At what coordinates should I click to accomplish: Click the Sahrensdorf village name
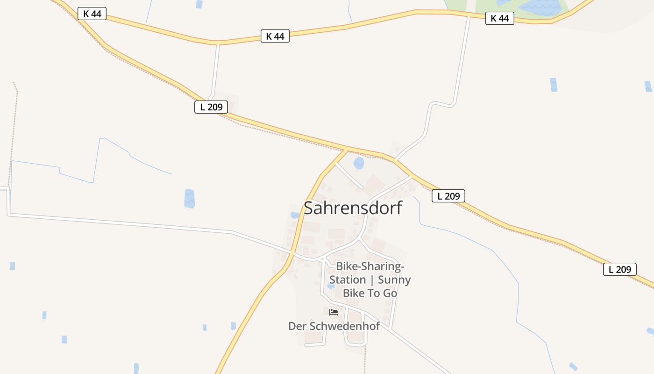pyautogui.click(x=353, y=208)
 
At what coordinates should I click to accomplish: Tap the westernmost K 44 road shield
pyautogui.click(x=92, y=14)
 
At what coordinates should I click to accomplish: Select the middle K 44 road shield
pyautogui.click(x=275, y=36)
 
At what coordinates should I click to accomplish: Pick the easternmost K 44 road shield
pyautogui.click(x=499, y=18)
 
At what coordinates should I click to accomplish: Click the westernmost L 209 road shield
pyautogui.click(x=211, y=107)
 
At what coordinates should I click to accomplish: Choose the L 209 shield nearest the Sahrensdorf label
pyautogui.click(x=448, y=196)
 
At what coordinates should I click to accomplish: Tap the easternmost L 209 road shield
pyautogui.click(x=620, y=269)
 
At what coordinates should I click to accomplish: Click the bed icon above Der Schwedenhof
pyautogui.click(x=334, y=312)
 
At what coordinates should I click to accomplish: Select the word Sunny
pyautogui.click(x=394, y=280)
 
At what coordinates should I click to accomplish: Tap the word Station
pyautogui.click(x=348, y=280)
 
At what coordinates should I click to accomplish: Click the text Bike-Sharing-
pyautogui.click(x=370, y=266)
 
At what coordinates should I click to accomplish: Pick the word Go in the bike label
pyautogui.click(x=389, y=294)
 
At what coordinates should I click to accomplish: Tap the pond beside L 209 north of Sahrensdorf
pyautogui.click(x=359, y=163)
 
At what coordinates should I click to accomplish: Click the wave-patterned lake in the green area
pyautogui.click(x=540, y=7)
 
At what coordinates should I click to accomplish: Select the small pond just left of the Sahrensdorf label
pyautogui.click(x=295, y=215)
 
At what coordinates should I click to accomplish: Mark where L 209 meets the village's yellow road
pyautogui.click(x=346, y=150)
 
